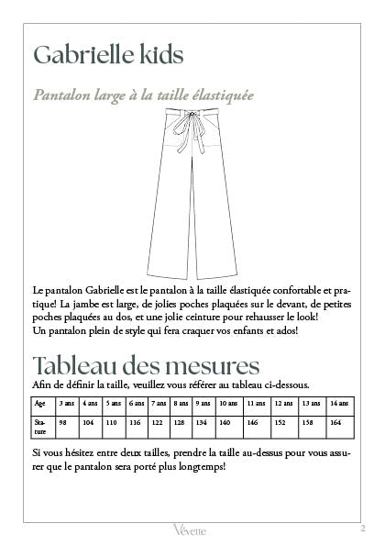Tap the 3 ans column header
(x=67, y=403)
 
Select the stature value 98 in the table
(x=63, y=423)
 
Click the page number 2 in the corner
(x=363, y=527)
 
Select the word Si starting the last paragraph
(x=36, y=453)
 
